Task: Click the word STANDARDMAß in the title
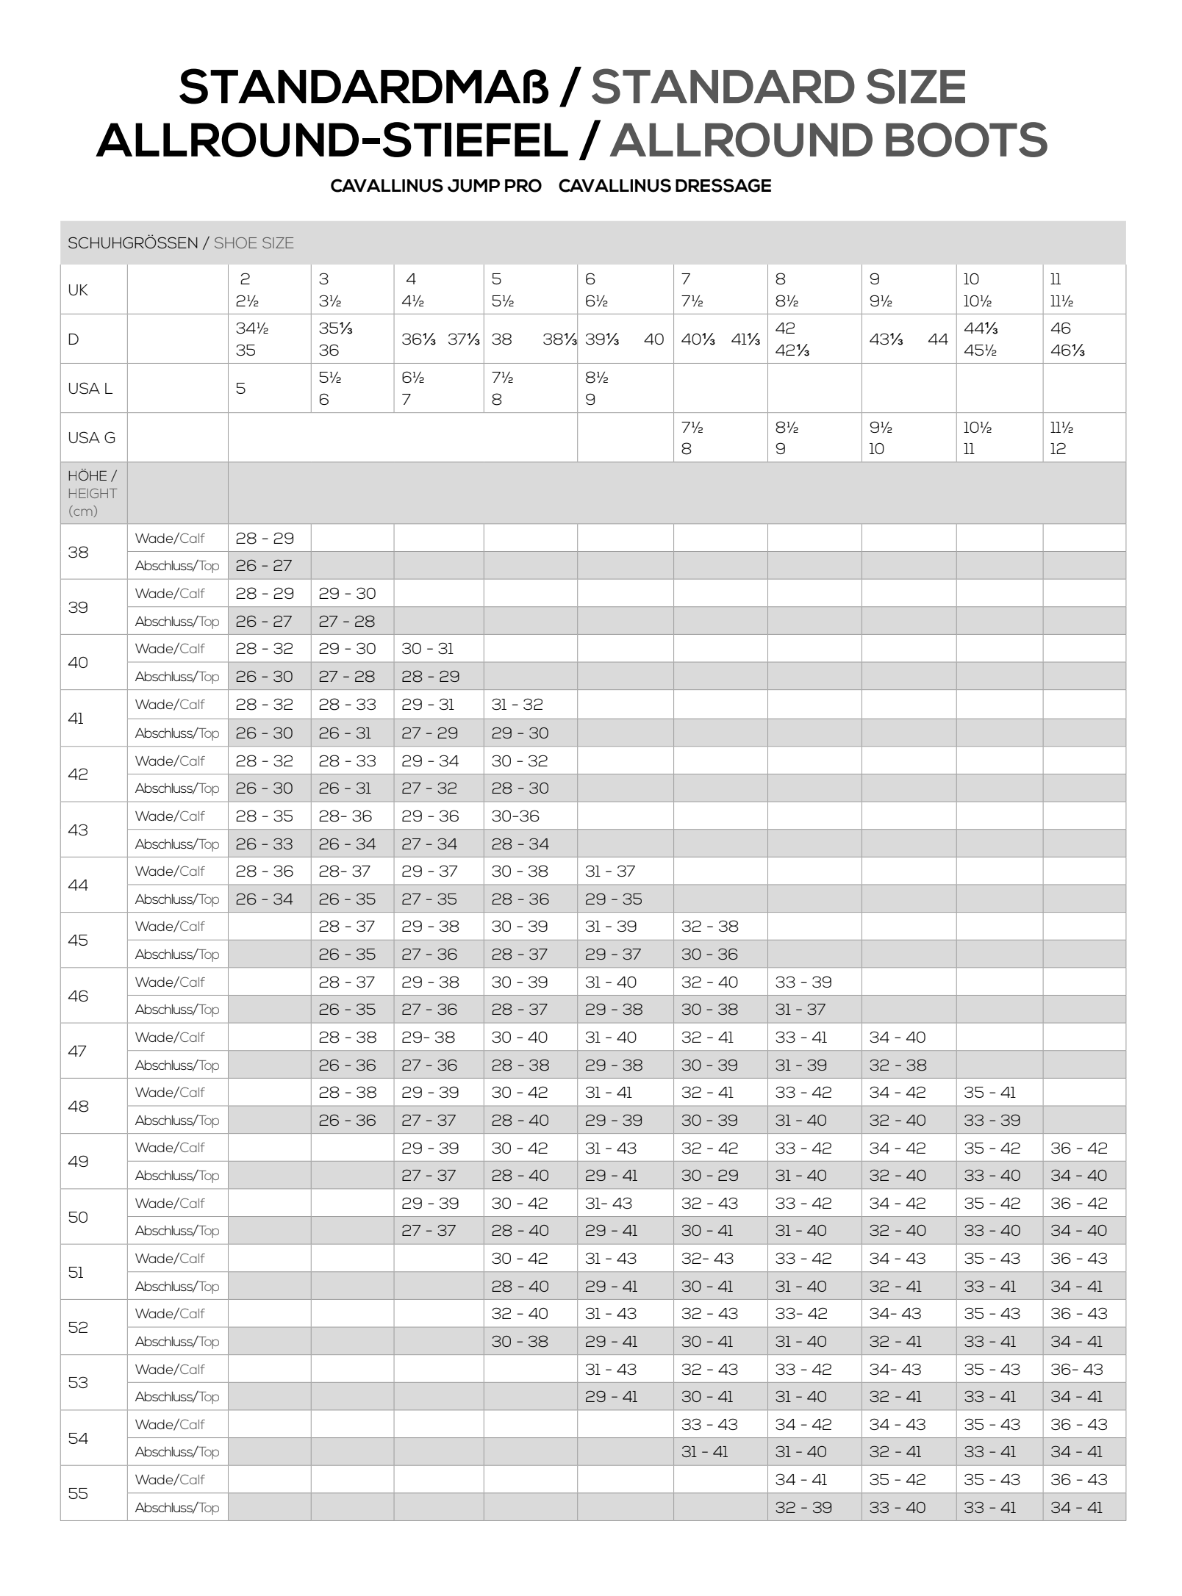point(365,87)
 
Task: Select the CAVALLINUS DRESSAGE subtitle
point(665,186)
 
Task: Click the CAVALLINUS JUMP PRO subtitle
point(436,186)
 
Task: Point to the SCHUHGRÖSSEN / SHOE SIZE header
point(181,243)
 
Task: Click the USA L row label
point(90,389)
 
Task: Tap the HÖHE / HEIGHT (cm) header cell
point(93,493)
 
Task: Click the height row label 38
point(79,552)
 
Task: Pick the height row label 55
point(78,1493)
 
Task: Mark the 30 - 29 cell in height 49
point(709,1176)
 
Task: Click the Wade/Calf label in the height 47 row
point(170,1038)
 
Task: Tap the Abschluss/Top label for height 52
point(177,1342)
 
